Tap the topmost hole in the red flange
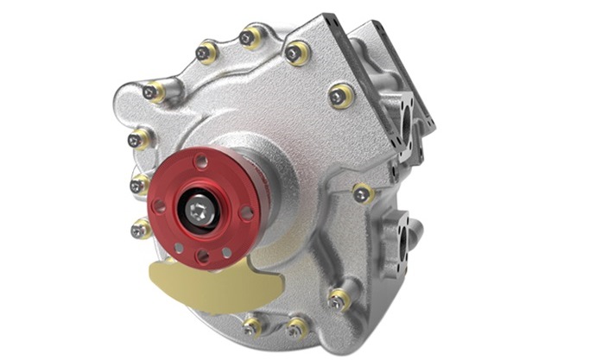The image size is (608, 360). pos(201,161)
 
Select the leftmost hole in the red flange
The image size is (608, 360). pos(159,205)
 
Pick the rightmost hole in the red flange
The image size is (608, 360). pos(247,212)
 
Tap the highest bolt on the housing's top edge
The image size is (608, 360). pos(249,37)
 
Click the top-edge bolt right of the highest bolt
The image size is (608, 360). pos(295,52)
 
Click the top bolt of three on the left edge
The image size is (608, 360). pos(136,139)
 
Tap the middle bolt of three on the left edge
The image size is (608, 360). pos(137,184)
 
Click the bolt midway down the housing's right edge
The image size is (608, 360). pos(361,193)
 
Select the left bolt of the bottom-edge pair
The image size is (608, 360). pos(252,326)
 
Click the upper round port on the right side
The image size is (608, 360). pos(404,122)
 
